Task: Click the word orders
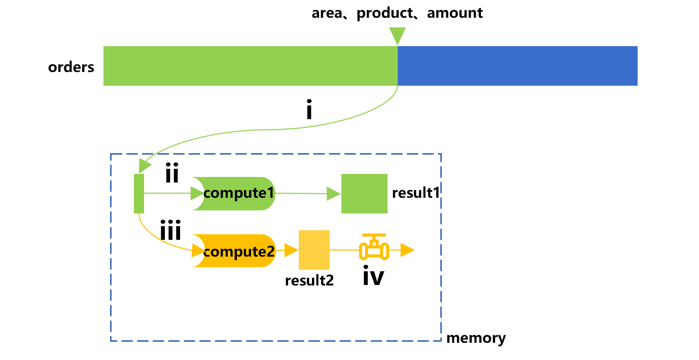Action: coord(71,67)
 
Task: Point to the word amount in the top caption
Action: coord(455,13)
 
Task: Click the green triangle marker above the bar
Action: coord(397,36)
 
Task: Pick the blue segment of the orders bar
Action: coord(517,66)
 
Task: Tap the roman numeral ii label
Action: coord(171,174)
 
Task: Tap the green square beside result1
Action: coord(364,193)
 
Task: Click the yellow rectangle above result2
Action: coord(314,249)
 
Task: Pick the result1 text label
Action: coord(415,193)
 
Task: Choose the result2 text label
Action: coord(309,280)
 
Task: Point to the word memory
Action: coord(476,338)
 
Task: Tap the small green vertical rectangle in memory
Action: coord(139,193)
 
